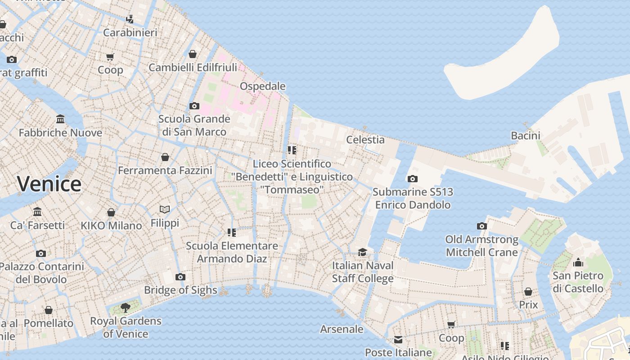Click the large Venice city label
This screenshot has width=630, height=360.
click(49, 184)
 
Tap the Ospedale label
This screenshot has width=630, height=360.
click(262, 86)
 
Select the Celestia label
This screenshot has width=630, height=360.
click(365, 139)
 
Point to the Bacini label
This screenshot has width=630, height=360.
click(525, 135)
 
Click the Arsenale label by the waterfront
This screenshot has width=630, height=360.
click(342, 329)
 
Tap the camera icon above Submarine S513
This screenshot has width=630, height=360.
click(412, 179)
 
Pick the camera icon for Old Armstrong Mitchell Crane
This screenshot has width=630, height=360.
click(481, 226)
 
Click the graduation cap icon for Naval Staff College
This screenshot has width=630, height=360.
click(362, 252)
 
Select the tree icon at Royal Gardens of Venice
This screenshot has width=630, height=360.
click(126, 308)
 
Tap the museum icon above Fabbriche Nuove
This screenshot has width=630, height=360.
click(60, 119)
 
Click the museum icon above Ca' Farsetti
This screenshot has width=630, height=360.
click(37, 211)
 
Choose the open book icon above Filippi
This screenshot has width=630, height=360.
click(165, 209)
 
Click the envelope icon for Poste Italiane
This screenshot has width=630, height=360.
click(398, 339)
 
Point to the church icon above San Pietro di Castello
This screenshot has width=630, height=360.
click(578, 262)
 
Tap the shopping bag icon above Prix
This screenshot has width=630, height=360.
click(528, 292)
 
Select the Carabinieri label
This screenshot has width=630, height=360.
click(130, 32)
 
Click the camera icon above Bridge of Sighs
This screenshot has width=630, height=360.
click(180, 277)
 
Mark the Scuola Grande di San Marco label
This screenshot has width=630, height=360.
click(194, 126)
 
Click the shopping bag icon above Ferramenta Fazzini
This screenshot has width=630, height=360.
click(165, 157)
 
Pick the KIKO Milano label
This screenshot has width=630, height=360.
click(111, 225)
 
